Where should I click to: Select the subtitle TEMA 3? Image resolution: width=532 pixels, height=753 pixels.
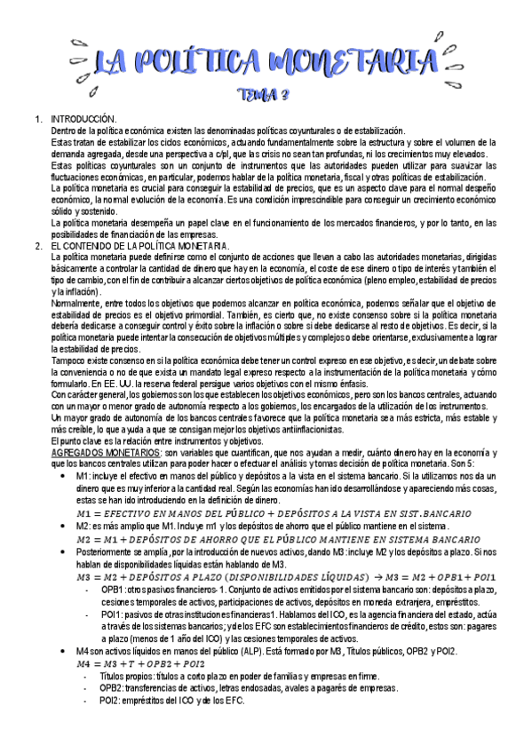coord(266,94)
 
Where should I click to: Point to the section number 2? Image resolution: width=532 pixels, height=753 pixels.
coord(36,245)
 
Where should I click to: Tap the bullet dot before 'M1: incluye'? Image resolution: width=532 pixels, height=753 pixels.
coord(60,476)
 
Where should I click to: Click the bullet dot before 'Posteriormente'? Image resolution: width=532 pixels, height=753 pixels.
coord(60,551)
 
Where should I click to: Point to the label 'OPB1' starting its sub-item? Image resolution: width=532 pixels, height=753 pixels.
coord(112,589)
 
